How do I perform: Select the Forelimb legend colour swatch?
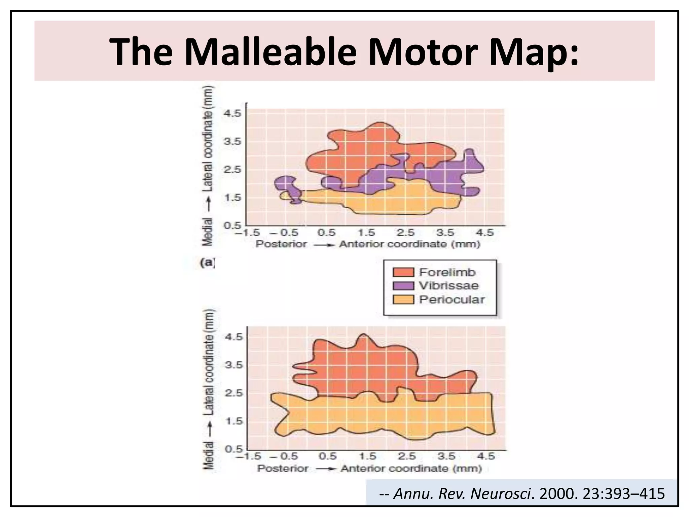(x=403, y=272)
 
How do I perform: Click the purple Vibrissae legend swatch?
(x=403, y=286)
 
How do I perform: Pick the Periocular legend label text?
(x=452, y=300)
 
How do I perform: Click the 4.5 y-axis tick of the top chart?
(x=232, y=113)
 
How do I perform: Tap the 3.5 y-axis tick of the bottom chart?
(x=233, y=365)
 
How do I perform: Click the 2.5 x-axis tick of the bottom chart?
(x=407, y=456)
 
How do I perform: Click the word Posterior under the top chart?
(x=281, y=244)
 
